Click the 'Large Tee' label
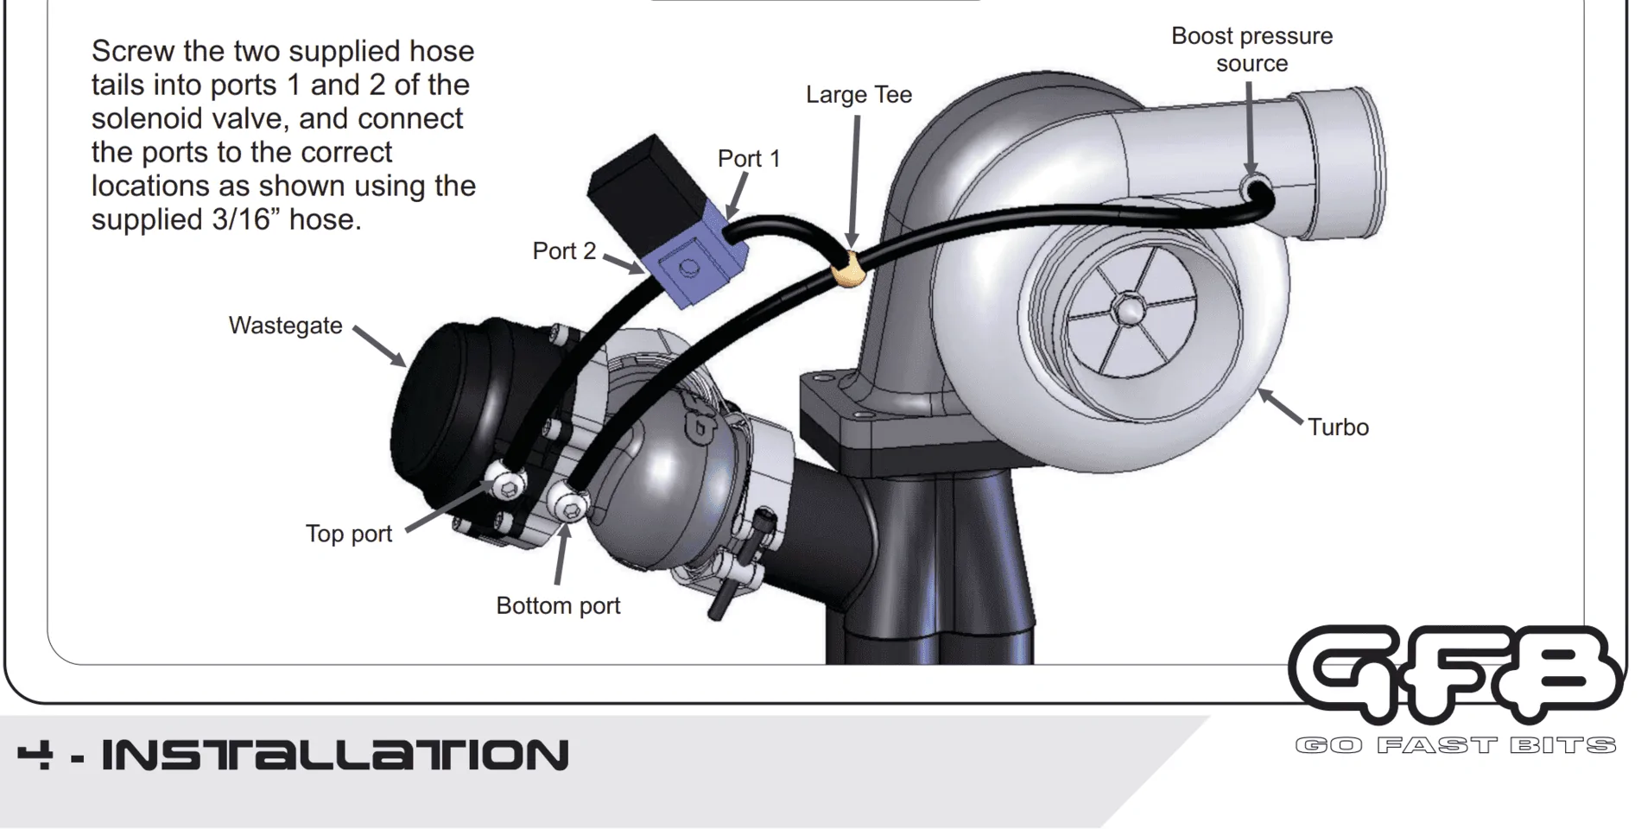tap(859, 95)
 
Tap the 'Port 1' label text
tap(749, 159)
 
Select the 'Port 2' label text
tap(564, 251)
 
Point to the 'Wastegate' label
tap(285, 326)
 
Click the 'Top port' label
tap(348, 534)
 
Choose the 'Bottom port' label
tap(558, 606)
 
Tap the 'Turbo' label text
tap(1338, 427)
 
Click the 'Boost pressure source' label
tap(1251, 49)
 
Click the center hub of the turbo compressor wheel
tap(1129, 308)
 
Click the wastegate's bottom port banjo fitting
tap(569, 503)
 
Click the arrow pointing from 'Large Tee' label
tap(855, 181)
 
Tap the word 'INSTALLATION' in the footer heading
tap(335, 755)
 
